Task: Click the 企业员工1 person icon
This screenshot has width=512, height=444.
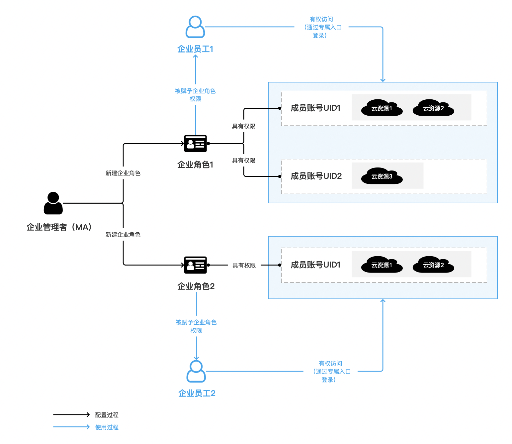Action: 195,27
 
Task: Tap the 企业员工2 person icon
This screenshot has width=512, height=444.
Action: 196,371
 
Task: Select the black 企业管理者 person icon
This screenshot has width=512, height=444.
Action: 53,203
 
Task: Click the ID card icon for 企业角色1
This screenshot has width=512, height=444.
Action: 196,144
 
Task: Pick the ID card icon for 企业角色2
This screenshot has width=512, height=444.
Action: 196,265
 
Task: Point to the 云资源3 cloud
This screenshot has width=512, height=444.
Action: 382,176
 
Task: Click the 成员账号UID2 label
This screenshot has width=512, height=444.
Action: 316,176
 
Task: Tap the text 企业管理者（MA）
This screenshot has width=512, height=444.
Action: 59,227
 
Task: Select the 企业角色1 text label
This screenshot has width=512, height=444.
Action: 195,165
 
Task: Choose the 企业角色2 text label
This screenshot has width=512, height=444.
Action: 196,286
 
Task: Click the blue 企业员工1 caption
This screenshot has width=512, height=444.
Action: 195,49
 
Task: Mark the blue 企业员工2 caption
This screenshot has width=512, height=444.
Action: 197,393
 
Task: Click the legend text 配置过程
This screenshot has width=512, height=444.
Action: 107,415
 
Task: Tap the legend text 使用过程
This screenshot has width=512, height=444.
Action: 107,427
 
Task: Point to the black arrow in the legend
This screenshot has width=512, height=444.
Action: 71,415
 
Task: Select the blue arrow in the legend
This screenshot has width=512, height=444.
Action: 71,427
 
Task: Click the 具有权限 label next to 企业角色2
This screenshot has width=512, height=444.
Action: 244,266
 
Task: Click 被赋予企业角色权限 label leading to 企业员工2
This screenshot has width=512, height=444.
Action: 196,326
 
